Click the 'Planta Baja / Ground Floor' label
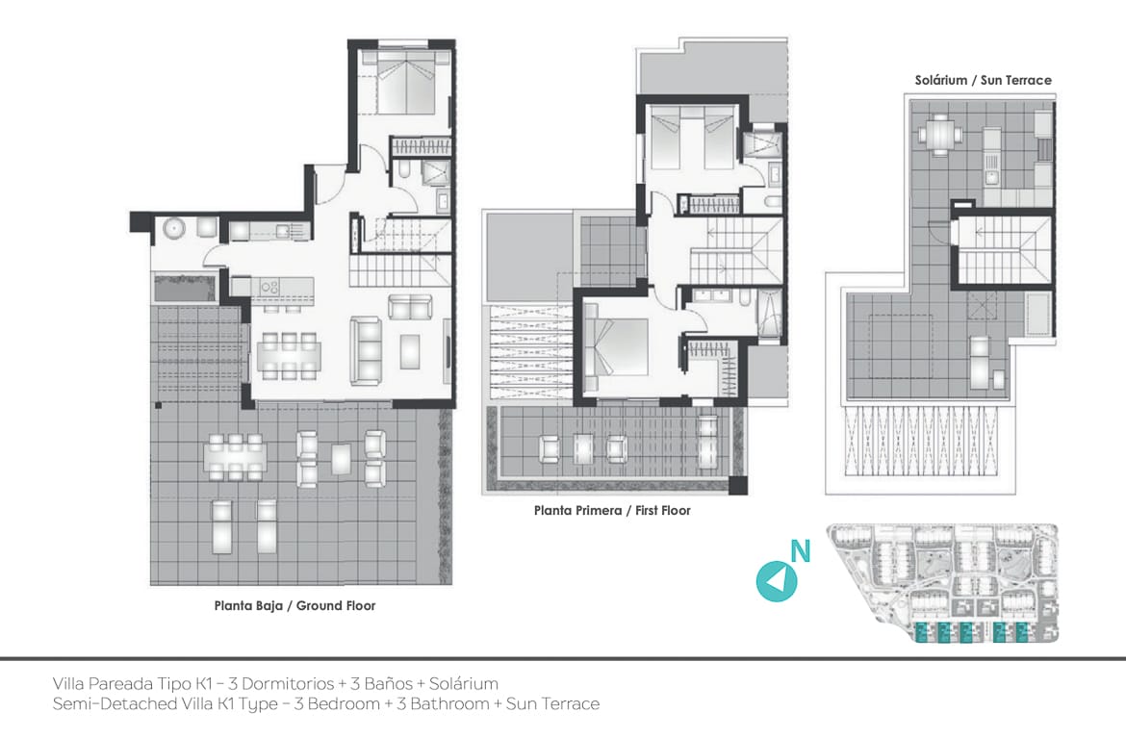[294, 606]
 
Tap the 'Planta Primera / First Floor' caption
[612, 510]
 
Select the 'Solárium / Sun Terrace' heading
[984, 81]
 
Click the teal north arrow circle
[777, 580]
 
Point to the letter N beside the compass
[801, 551]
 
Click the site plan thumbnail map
[943, 583]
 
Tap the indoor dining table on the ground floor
[289, 355]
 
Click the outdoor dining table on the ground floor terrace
[235, 457]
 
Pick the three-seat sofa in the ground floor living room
[367, 351]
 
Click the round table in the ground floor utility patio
[174, 229]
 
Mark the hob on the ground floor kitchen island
[269, 287]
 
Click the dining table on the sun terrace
[938, 134]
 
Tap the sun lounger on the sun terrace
[980, 361]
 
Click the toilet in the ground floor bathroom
[406, 169]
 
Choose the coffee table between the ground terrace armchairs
[342, 460]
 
